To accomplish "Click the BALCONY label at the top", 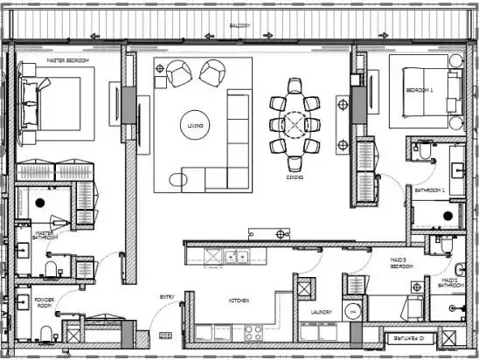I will click(239, 26).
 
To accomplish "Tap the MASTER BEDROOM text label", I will click(66, 60).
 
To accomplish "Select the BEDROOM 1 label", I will click(420, 91).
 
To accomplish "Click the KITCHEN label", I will click(239, 301).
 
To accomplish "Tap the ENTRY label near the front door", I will click(166, 297).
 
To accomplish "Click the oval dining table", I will click(296, 126).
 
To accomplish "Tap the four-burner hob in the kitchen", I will click(253, 332).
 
